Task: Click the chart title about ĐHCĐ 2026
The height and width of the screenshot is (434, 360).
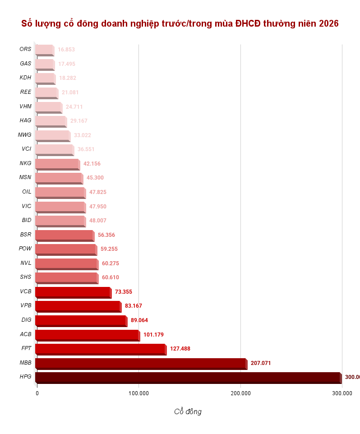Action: coord(180,23)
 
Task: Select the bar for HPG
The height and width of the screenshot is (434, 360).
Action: coord(188,377)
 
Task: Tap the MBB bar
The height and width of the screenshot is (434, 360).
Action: coord(141,363)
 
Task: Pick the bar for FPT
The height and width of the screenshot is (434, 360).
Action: coord(100,349)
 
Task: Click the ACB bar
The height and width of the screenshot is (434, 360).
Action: coord(87,335)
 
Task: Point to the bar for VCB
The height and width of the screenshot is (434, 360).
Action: coord(73,292)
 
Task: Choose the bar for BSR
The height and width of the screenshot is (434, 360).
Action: coord(64,235)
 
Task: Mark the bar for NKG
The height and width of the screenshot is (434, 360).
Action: coord(57,164)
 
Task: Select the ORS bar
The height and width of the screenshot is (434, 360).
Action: coord(44,50)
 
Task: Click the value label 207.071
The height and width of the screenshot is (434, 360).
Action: coord(261,363)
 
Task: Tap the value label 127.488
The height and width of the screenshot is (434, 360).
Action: coord(180,349)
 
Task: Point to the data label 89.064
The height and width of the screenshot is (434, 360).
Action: coord(139,320)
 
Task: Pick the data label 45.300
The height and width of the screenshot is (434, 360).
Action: coord(95,178)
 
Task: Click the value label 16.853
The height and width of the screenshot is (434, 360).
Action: coord(66,50)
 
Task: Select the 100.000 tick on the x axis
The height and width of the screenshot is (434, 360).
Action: coord(138,393)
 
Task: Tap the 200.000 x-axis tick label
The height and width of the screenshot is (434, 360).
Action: coord(240,393)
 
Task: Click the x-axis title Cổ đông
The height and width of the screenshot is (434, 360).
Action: coord(188,411)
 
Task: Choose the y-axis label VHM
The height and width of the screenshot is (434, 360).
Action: coord(25,106)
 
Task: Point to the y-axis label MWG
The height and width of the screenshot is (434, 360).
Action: coord(24,135)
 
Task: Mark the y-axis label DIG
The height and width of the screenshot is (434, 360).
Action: coord(26,320)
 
